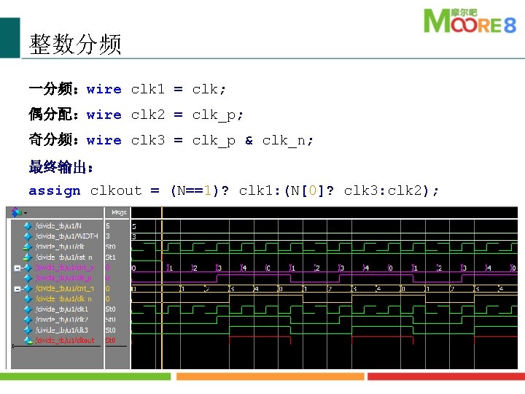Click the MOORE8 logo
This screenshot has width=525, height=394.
pyautogui.click(x=470, y=22)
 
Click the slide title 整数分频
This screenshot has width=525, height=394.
pyautogui.click(x=75, y=45)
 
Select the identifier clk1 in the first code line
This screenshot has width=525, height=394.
pyautogui.click(x=147, y=89)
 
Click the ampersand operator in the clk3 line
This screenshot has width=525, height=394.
pyautogui.click(x=249, y=140)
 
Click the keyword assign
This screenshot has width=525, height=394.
pyautogui.click(x=54, y=191)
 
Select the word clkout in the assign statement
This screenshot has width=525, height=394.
pyautogui.click(x=115, y=191)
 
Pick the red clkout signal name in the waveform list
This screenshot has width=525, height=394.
pyautogui.click(x=66, y=340)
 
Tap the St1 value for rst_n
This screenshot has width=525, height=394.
pyautogui.click(x=111, y=257)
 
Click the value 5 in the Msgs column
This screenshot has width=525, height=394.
pyautogui.click(x=108, y=226)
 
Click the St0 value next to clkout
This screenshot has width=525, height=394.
pyautogui.click(x=111, y=340)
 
